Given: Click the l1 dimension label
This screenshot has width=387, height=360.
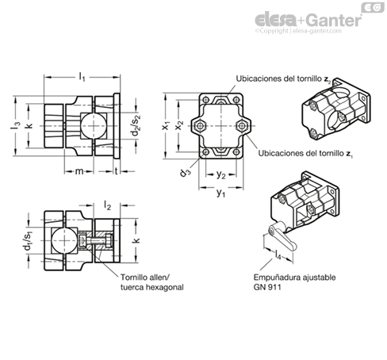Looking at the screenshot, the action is click(x=82, y=77).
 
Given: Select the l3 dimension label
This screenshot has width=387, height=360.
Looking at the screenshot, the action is click(x=16, y=125).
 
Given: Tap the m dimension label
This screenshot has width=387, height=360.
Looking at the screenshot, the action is click(x=79, y=171).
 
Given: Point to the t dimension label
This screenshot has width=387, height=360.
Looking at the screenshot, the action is click(x=117, y=171).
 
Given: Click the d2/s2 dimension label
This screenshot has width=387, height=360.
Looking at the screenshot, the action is click(x=136, y=125).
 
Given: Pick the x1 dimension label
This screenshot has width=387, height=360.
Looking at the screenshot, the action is click(x=166, y=125).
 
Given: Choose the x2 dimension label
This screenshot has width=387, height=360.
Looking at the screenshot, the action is click(x=180, y=124).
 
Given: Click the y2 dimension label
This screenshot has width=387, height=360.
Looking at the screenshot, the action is click(x=220, y=175).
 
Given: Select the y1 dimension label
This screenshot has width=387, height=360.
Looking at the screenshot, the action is click(x=220, y=193).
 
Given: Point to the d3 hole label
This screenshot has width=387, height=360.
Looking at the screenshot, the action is click(x=185, y=173).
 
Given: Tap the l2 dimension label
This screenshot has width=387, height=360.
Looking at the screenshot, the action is click(x=107, y=205).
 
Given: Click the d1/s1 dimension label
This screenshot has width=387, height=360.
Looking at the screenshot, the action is click(x=28, y=240).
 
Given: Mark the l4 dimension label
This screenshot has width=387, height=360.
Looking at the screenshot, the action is click(x=278, y=255).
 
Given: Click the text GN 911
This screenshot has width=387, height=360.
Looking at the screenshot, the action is click(x=267, y=287).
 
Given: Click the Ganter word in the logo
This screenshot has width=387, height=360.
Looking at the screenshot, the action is click(x=335, y=20).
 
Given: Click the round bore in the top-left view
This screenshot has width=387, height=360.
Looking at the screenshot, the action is click(x=94, y=125).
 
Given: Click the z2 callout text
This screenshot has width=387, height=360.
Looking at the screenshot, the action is click(x=283, y=79).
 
